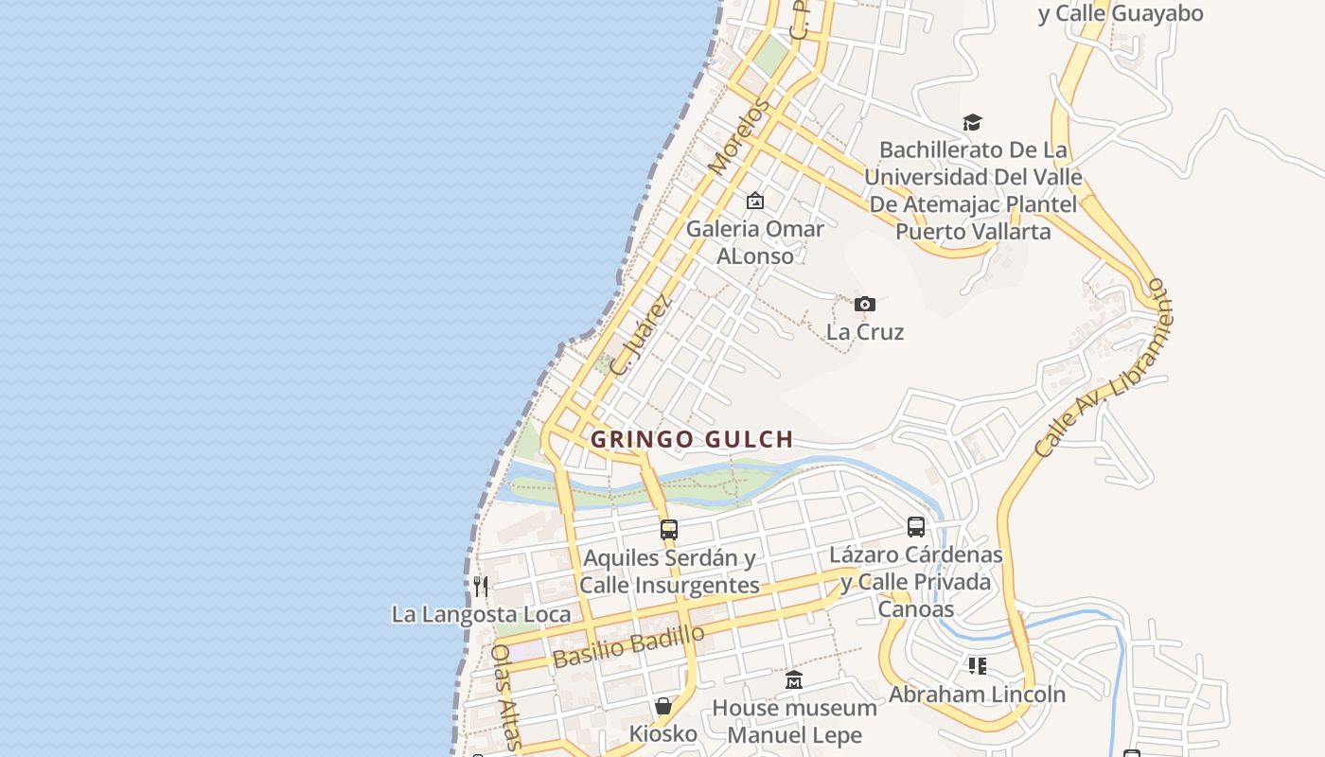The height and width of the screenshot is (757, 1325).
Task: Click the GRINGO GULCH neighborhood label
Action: [x=692, y=439]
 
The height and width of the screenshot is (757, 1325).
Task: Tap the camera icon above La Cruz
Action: [x=864, y=304]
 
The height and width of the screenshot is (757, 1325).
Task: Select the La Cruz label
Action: [x=865, y=332]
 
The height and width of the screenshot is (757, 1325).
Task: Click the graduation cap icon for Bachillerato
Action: [x=972, y=122]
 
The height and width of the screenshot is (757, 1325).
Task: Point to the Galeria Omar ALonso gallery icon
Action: [x=755, y=201]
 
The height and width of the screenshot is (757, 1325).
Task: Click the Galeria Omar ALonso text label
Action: [x=755, y=241]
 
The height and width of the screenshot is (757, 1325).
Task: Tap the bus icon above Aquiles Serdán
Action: [x=669, y=529]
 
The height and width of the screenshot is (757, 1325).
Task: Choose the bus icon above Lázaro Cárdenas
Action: [x=915, y=526]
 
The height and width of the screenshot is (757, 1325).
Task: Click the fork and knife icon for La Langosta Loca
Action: [x=481, y=587]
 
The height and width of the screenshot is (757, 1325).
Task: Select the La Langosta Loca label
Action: [x=481, y=614]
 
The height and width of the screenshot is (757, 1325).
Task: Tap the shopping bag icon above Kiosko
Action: [x=663, y=706]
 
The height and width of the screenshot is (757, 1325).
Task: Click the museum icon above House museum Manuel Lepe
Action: [x=794, y=679]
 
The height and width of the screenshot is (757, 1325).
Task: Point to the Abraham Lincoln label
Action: [x=977, y=694]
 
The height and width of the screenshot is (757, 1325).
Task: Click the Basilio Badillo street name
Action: [x=628, y=646]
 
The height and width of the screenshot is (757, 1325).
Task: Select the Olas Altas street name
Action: [x=505, y=697]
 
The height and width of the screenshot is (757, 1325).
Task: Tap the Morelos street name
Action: [x=734, y=138]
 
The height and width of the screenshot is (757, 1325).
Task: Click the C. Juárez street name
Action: [x=641, y=335]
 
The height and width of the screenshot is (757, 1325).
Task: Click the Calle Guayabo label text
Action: [x=1121, y=13]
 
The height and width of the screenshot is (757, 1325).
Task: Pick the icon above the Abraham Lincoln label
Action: [x=977, y=666]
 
